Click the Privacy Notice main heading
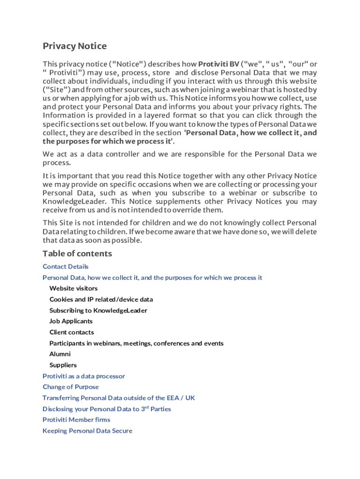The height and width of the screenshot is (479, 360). (75, 46)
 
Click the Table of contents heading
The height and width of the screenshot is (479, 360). (77, 254)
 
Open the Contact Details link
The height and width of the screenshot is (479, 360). (65, 267)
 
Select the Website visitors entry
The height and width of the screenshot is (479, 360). (73, 289)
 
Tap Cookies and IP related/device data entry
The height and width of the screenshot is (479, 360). (101, 299)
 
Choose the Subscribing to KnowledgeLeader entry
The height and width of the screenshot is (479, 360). (98, 311)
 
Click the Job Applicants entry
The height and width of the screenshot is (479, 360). (71, 321)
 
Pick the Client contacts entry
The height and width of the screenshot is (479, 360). (72, 333)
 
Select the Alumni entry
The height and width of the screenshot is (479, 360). (60, 354)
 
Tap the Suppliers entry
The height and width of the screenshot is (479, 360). (63, 365)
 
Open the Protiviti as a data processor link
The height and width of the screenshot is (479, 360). (84, 376)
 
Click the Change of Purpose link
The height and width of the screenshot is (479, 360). (71, 387)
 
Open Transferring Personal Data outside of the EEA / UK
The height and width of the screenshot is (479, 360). (119, 398)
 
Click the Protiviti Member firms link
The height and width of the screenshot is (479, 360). (76, 420)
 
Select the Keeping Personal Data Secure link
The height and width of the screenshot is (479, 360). (87, 431)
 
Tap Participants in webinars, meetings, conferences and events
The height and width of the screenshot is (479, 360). (137, 343)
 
